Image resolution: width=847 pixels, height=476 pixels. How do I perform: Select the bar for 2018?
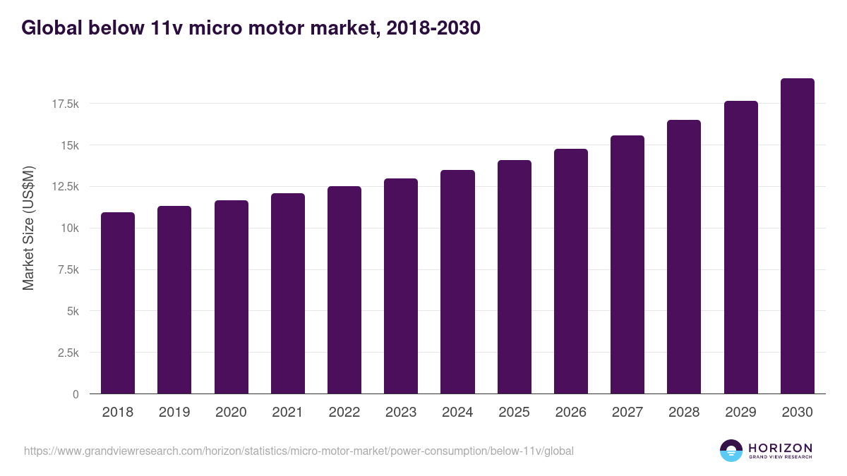[x=118, y=303]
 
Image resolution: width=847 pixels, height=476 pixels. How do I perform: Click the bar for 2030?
[x=797, y=236]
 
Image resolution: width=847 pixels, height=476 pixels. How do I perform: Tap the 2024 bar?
[x=457, y=282]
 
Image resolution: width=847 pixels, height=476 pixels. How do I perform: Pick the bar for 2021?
[x=288, y=293]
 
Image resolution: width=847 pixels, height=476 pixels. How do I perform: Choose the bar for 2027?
[x=627, y=264]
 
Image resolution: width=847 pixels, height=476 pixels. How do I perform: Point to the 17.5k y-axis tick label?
[x=65, y=104]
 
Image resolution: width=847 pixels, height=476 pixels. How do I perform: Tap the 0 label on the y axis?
[x=76, y=394]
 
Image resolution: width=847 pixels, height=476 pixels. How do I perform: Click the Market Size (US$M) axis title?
[x=28, y=227]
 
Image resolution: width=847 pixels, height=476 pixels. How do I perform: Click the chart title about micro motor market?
[x=251, y=28]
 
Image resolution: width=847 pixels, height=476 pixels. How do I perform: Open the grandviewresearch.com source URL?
[x=299, y=451]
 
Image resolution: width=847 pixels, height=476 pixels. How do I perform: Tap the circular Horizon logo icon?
[x=731, y=451]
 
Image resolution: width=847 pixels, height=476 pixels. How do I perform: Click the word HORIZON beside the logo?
[x=780, y=447]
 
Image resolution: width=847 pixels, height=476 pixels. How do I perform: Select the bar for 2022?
[x=344, y=290]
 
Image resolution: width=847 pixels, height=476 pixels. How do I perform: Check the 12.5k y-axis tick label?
[x=65, y=186]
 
